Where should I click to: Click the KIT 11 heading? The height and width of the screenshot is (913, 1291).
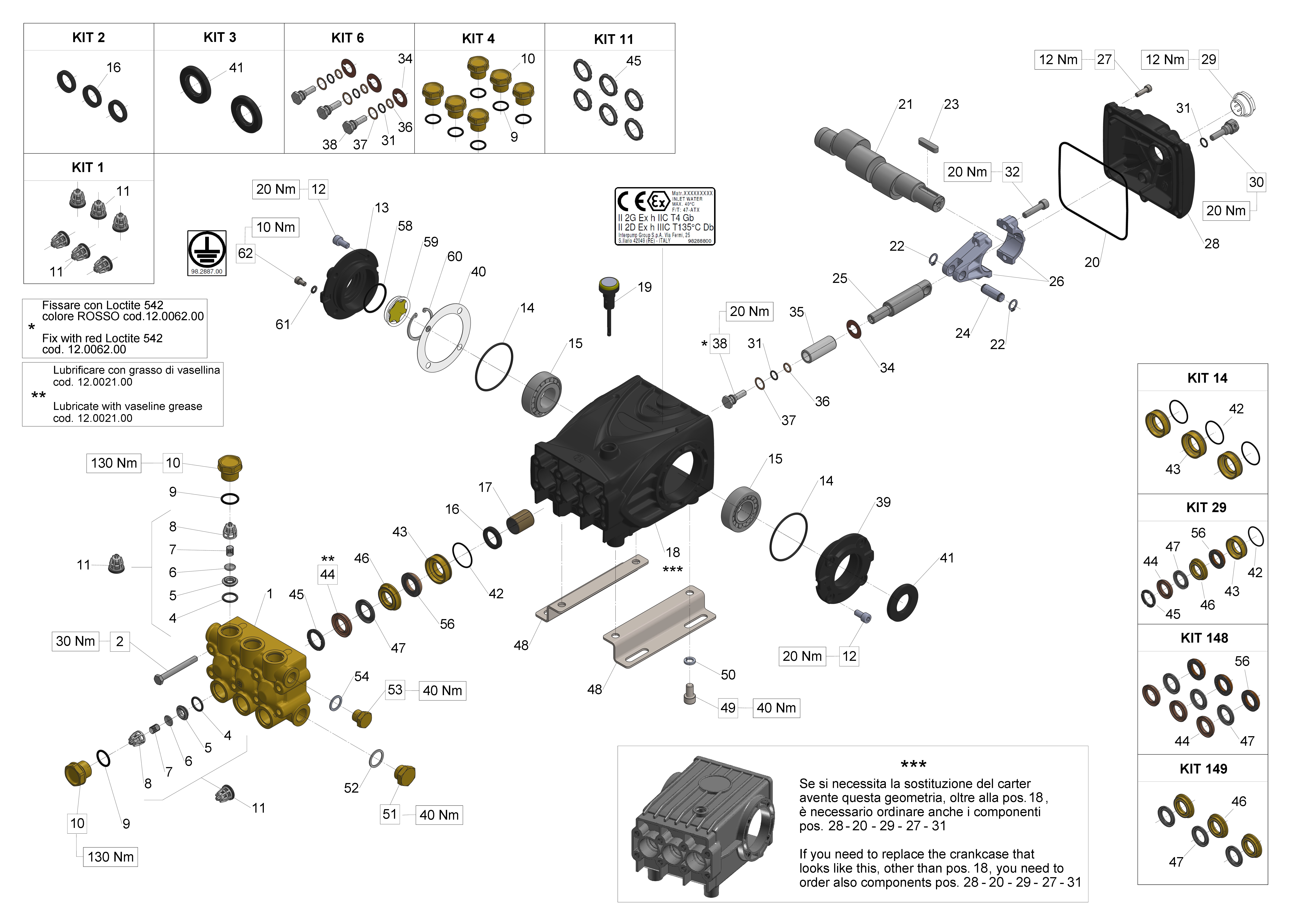[x=614, y=39]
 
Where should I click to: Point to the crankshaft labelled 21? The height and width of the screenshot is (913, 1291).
[x=877, y=166]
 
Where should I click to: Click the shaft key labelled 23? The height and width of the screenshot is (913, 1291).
[x=928, y=144]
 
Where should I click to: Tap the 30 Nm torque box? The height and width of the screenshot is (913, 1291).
[x=75, y=642]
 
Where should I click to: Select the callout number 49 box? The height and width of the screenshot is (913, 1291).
[x=728, y=708]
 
